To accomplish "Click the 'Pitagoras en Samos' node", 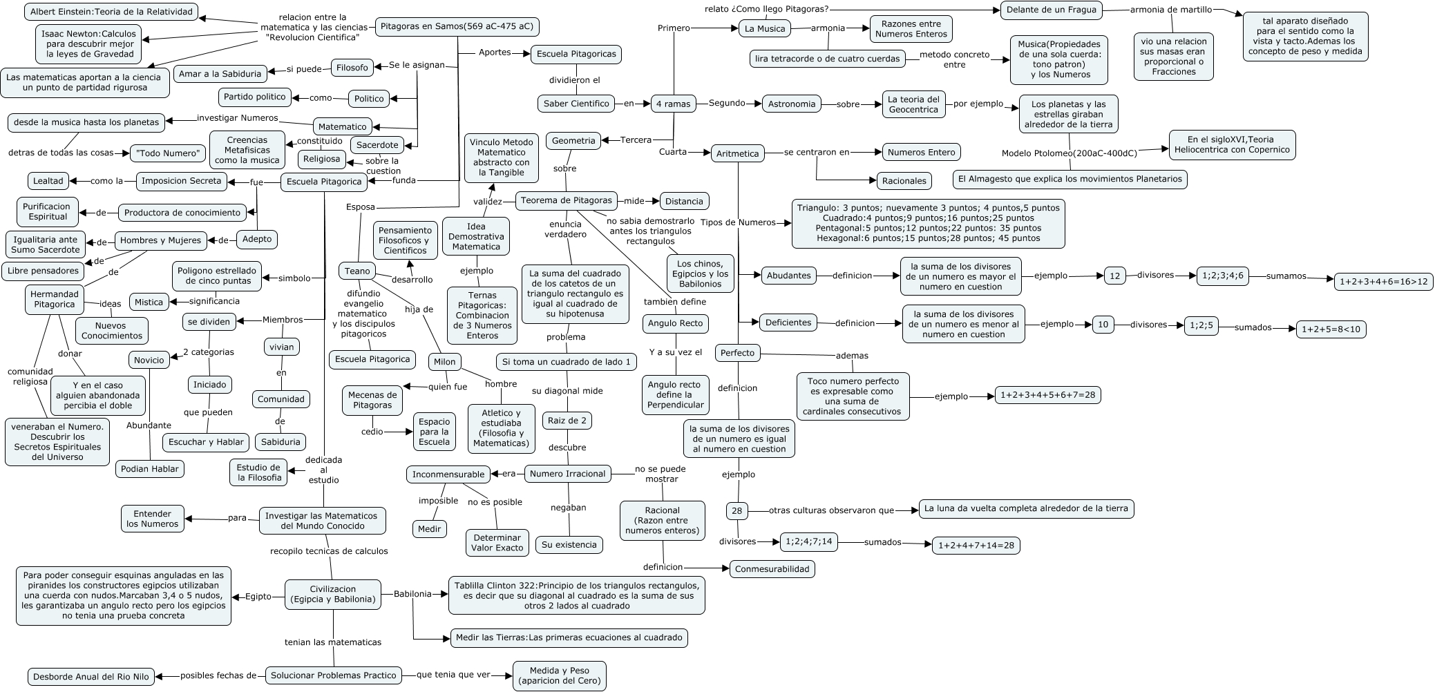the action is pyautogui.click(x=457, y=27).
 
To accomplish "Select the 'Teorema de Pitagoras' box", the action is pyautogui.click(x=566, y=200).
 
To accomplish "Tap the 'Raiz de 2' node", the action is pyautogui.click(x=567, y=421).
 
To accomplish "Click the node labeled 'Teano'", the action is pyautogui.click(x=357, y=271).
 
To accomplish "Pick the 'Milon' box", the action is pyautogui.click(x=445, y=362).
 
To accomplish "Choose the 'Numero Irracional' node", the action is pyautogui.click(x=568, y=474).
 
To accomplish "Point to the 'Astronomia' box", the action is pyautogui.click(x=792, y=104).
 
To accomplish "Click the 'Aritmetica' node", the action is pyautogui.click(x=738, y=153).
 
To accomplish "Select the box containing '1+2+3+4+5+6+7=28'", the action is pyautogui.click(x=1047, y=395).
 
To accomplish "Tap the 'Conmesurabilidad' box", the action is pyautogui.click(x=772, y=569).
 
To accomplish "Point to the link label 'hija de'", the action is pyautogui.click(x=419, y=309).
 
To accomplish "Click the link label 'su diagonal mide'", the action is pyautogui.click(x=567, y=391).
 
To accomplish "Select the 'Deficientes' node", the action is pyautogui.click(x=788, y=323).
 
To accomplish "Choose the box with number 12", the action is pyautogui.click(x=1115, y=276).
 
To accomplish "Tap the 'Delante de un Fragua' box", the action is pyautogui.click(x=1052, y=10).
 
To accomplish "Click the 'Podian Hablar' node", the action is pyautogui.click(x=150, y=469).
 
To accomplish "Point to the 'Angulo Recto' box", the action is pyautogui.click(x=675, y=323).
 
